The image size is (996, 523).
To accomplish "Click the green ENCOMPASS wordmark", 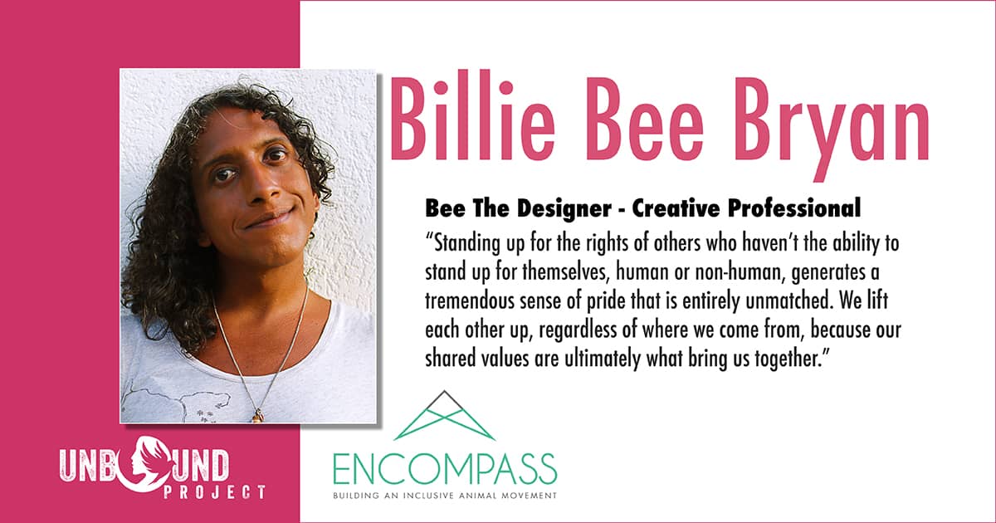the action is (445, 469).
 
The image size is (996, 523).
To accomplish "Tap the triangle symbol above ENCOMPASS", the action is (444, 415).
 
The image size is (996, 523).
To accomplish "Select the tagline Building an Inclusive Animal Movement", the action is (445, 496).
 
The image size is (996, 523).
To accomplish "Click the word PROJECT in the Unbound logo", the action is (214, 492).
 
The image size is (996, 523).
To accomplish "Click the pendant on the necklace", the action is (257, 416).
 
